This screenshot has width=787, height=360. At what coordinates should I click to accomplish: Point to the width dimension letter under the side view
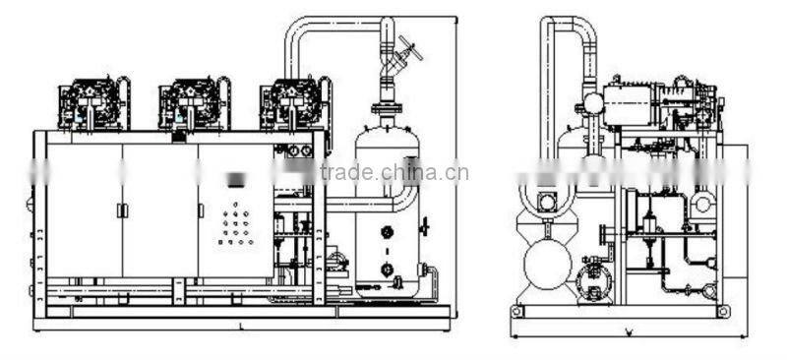point(628,331)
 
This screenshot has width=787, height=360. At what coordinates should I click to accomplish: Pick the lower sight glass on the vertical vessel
point(388,269)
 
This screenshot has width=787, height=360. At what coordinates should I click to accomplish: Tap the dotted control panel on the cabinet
point(237,226)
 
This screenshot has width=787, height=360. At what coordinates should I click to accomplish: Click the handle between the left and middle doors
point(121,210)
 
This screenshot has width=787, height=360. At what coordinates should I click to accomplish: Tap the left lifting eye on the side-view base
point(515,312)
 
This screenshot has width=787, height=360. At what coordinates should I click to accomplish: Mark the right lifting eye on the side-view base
point(724,312)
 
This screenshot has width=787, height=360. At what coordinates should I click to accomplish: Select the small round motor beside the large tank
point(593,279)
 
